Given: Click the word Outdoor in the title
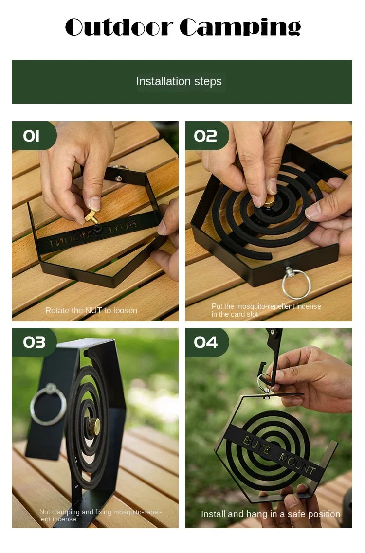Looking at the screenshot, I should click(120, 27).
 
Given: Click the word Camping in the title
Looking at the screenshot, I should click(240, 28).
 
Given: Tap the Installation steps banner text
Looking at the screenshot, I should click(179, 81).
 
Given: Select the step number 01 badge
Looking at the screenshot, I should click(32, 136).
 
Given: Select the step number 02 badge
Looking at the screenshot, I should click(205, 136).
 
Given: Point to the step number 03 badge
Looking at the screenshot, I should click(34, 342).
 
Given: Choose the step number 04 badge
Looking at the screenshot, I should click(205, 342).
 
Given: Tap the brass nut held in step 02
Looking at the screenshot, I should click(269, 199).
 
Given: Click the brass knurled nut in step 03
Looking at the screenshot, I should click(96, 426).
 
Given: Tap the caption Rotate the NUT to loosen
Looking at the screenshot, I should click(91, 310).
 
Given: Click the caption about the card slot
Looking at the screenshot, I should click(266, 310).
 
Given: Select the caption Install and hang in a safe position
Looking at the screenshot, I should click(271, 514).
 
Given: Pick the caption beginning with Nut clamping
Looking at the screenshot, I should click(100, 515).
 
